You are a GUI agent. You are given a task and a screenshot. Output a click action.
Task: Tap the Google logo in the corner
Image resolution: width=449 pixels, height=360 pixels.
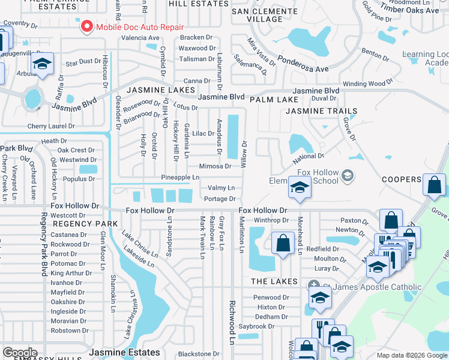(x=20, y=353)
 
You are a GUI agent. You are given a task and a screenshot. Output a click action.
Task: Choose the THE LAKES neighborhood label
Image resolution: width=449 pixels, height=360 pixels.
(x=274, y=281)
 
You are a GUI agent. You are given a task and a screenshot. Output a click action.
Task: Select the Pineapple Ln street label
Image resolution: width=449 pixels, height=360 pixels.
(x=180, y=178)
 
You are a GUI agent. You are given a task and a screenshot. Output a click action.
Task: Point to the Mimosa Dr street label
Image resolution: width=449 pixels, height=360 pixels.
(x=215, y=167)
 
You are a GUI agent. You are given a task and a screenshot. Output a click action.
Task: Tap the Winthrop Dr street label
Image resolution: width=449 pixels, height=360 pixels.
(x=271, y=220)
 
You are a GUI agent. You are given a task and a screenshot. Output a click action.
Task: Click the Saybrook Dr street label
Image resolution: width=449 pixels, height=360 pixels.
(x=256, y=326)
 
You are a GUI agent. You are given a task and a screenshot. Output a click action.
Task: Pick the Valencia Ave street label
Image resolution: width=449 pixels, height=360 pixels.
(x=140, y=37)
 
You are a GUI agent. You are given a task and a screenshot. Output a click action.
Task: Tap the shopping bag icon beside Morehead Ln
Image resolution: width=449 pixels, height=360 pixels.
(x=283, y=244)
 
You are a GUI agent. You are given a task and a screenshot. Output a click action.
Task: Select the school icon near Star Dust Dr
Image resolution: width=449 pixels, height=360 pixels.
(x=43, y=64)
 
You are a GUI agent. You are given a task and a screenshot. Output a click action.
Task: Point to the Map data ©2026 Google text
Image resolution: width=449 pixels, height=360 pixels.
(x=412, y=355)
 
